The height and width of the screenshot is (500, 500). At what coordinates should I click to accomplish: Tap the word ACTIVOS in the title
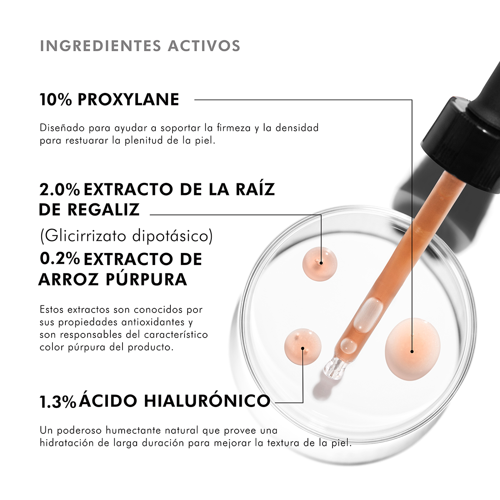204,46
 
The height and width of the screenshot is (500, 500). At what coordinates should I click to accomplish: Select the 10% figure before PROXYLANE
56,100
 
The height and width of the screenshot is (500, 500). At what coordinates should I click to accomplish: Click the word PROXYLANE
128,100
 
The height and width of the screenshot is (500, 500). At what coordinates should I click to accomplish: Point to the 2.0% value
60,190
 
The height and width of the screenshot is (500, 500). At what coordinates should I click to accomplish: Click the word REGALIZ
103,210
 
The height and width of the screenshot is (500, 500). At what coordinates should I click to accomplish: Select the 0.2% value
60,259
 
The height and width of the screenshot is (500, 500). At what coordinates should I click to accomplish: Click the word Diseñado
62,128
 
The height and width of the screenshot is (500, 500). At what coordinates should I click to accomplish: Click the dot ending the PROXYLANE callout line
412,352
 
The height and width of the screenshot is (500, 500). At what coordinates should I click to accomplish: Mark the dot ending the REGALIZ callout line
321,263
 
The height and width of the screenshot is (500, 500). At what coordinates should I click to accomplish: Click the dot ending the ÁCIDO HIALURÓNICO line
302,348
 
